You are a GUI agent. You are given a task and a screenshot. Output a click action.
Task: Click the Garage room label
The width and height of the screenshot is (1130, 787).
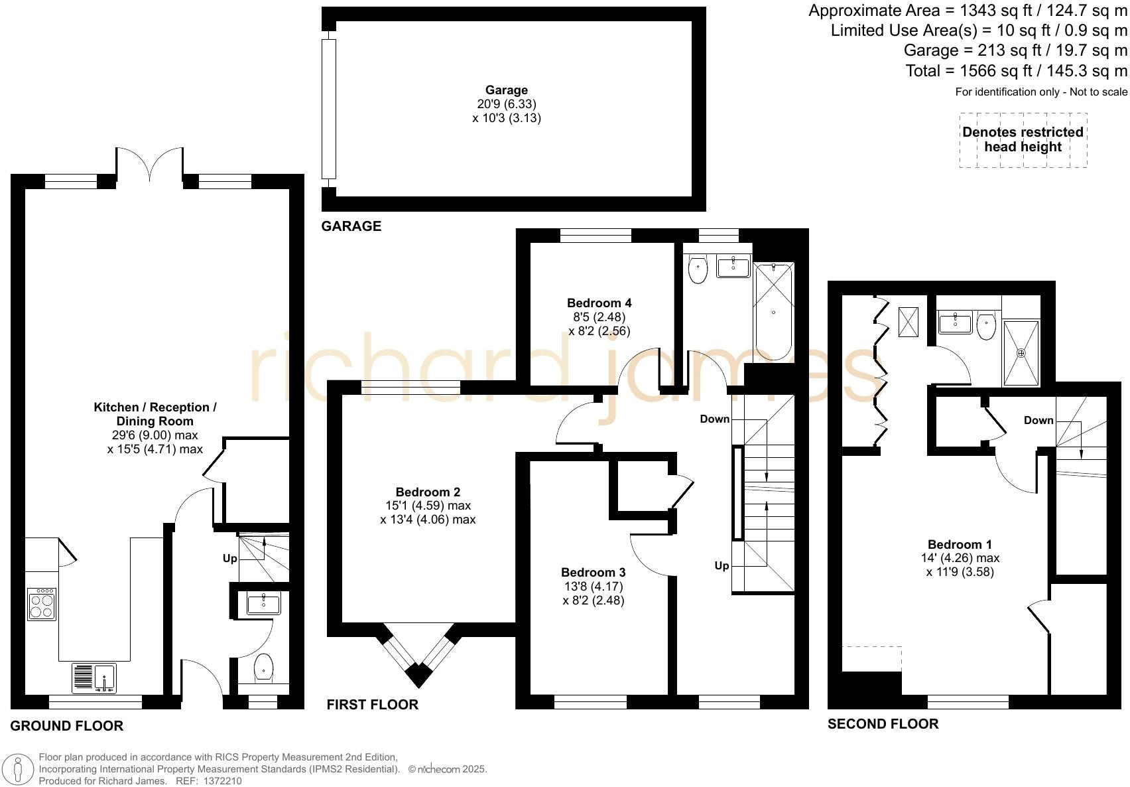(506, 90)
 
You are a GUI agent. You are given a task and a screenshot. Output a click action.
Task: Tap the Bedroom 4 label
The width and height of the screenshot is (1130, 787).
(599, 303)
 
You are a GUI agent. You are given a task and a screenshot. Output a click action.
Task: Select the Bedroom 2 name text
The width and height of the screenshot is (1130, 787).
(427, 492)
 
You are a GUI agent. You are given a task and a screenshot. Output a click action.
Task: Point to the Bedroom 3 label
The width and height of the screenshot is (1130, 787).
(593, 573)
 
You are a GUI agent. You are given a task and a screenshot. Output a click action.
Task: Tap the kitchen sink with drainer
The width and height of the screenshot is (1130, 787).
(94, 678)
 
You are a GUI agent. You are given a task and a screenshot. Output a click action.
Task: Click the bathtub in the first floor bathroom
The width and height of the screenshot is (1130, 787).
(773, 311)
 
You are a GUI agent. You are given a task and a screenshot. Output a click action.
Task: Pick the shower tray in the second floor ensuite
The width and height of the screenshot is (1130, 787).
(1021, 352)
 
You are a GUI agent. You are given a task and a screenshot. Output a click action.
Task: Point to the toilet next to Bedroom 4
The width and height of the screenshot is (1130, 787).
(698, 269)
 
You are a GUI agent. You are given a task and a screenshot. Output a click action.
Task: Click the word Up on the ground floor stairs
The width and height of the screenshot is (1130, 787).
(229, 559)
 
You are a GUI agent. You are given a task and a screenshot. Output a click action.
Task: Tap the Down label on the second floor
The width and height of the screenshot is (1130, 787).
(1038, 420)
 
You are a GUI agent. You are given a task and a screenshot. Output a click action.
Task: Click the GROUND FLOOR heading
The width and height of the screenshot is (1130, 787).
(67, 726)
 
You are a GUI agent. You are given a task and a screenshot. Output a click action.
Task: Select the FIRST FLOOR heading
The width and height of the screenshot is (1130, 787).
(372, 705)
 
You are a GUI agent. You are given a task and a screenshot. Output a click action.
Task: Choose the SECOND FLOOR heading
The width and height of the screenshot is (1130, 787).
(883, 724)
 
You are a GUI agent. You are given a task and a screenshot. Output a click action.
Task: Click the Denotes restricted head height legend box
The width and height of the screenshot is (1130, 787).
(1023, 139)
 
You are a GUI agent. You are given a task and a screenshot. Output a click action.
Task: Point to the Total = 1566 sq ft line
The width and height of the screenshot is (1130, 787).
(1016, 71)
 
